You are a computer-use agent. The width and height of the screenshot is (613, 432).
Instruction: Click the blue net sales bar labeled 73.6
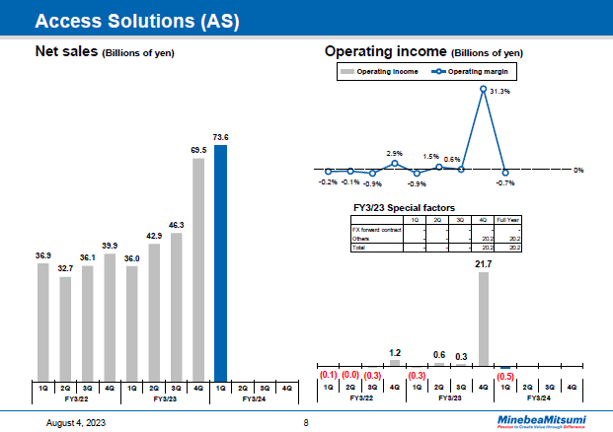[x=220, y=261]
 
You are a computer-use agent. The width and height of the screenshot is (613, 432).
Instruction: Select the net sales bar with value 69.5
[x=198, y=268]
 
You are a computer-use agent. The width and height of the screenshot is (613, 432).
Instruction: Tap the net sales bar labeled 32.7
[x=65, y=327]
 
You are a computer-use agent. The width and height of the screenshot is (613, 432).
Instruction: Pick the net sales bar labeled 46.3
[x=176, y=306]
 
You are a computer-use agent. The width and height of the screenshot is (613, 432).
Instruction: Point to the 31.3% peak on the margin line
[x=484, y=90]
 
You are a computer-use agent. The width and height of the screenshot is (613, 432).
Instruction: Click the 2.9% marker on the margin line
[x=395, y=164]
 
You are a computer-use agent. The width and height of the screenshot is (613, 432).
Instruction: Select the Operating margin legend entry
[x=480, y=72]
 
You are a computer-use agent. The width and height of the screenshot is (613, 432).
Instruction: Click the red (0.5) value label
[x=505, y=376]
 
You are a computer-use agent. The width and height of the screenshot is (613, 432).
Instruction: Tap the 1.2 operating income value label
[x=395, y=352]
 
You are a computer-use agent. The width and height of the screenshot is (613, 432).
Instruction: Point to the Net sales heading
[x=104, y=51]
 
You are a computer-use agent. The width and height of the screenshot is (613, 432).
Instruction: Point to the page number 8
[x=306, y=422]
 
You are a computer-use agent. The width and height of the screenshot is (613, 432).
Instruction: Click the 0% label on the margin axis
[x=579, y=171]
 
